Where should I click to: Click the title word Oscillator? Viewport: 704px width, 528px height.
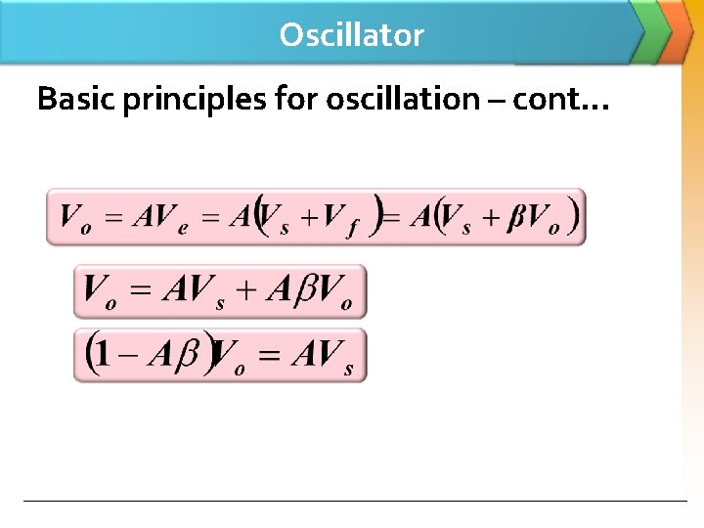(351, 35)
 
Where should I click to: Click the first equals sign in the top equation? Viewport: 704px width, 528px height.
(113, 217)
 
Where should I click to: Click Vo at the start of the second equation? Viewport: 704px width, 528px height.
(101, 291)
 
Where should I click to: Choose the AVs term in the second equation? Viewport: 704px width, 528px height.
(195, 291)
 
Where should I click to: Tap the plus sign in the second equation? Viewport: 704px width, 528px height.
(250, 291)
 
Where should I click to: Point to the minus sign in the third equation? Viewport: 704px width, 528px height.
(128, 355)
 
